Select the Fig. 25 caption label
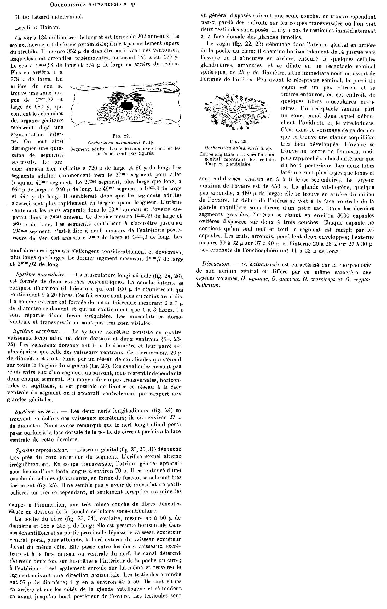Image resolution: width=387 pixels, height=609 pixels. click(x=237, y=142)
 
